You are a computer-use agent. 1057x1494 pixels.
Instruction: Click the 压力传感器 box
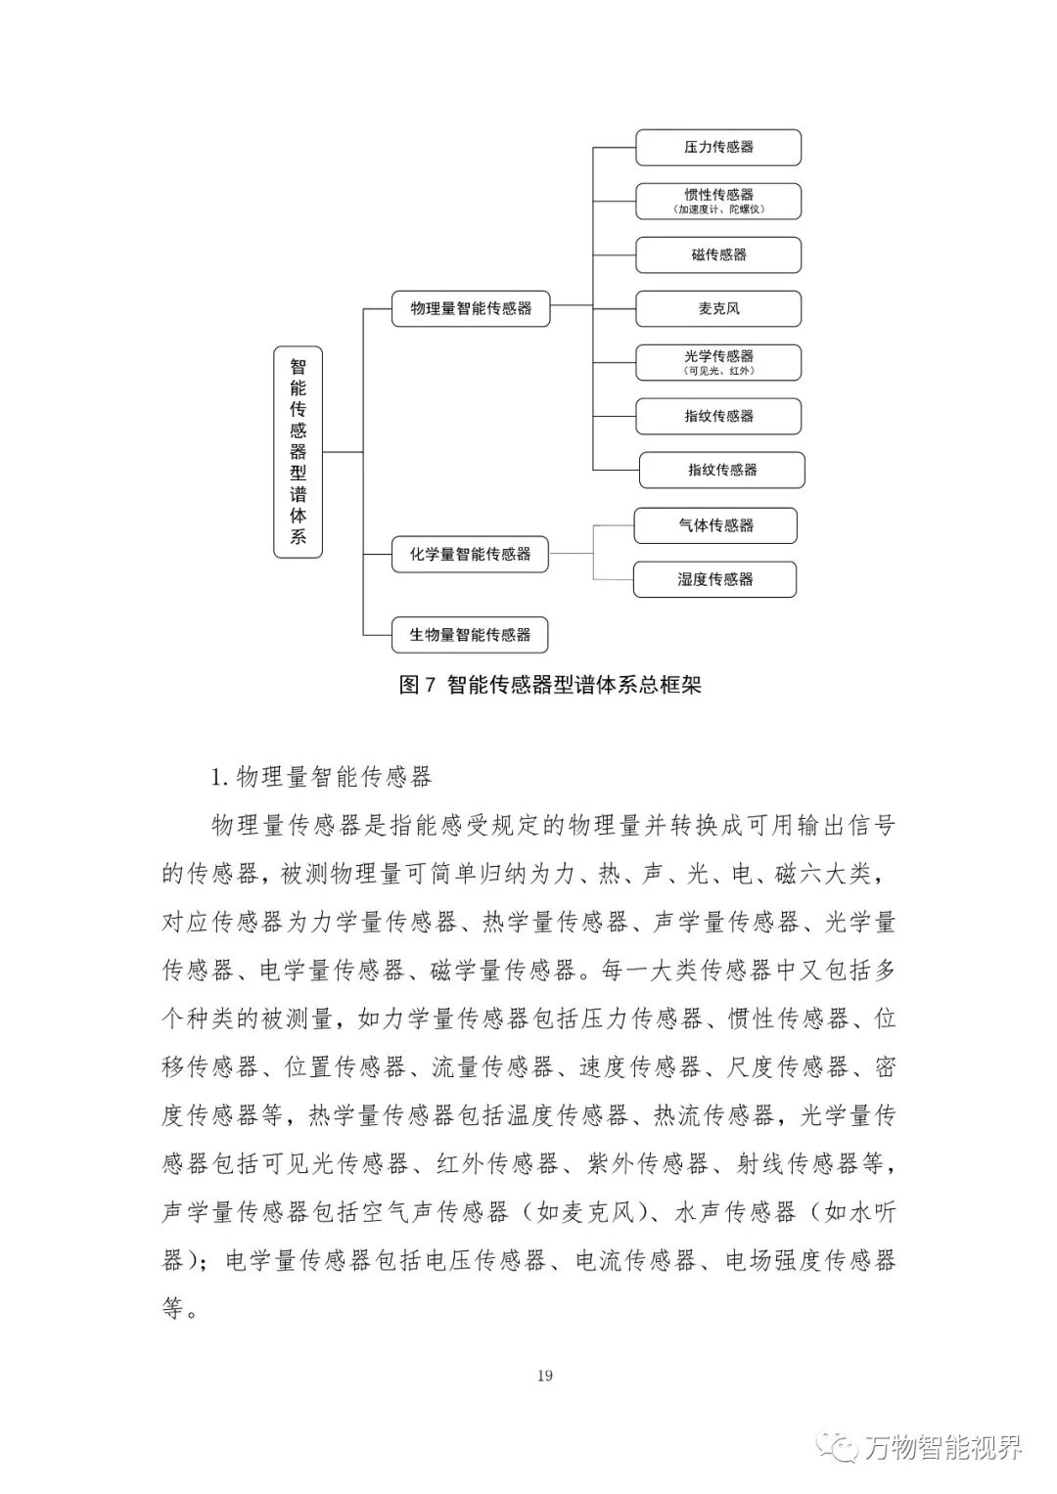point(718,148)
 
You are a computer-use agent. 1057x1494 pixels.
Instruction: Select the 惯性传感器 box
point(718,201)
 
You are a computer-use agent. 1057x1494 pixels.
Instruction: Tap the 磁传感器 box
point(718,254)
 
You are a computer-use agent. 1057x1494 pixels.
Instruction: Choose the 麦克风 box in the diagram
point(718,308)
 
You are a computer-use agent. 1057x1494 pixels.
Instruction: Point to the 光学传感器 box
point(718,362)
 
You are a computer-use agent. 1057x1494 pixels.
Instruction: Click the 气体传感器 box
point(715,525)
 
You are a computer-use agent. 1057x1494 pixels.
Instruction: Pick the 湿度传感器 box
point(715,579)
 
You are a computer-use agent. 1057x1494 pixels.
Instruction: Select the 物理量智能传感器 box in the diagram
point(471,308)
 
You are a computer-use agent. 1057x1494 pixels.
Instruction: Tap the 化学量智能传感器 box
point(470,554)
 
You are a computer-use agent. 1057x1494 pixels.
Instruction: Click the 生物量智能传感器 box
point(470,635)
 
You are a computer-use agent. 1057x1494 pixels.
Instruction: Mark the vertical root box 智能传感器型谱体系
point(298,452)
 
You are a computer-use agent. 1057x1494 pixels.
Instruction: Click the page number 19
point(545,1376)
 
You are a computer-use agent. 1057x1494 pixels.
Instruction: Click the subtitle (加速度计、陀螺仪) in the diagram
point(718,209)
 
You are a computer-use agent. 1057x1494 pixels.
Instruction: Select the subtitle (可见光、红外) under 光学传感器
point(718,371)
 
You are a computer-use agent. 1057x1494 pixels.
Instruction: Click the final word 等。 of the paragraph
point(180,1308)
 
